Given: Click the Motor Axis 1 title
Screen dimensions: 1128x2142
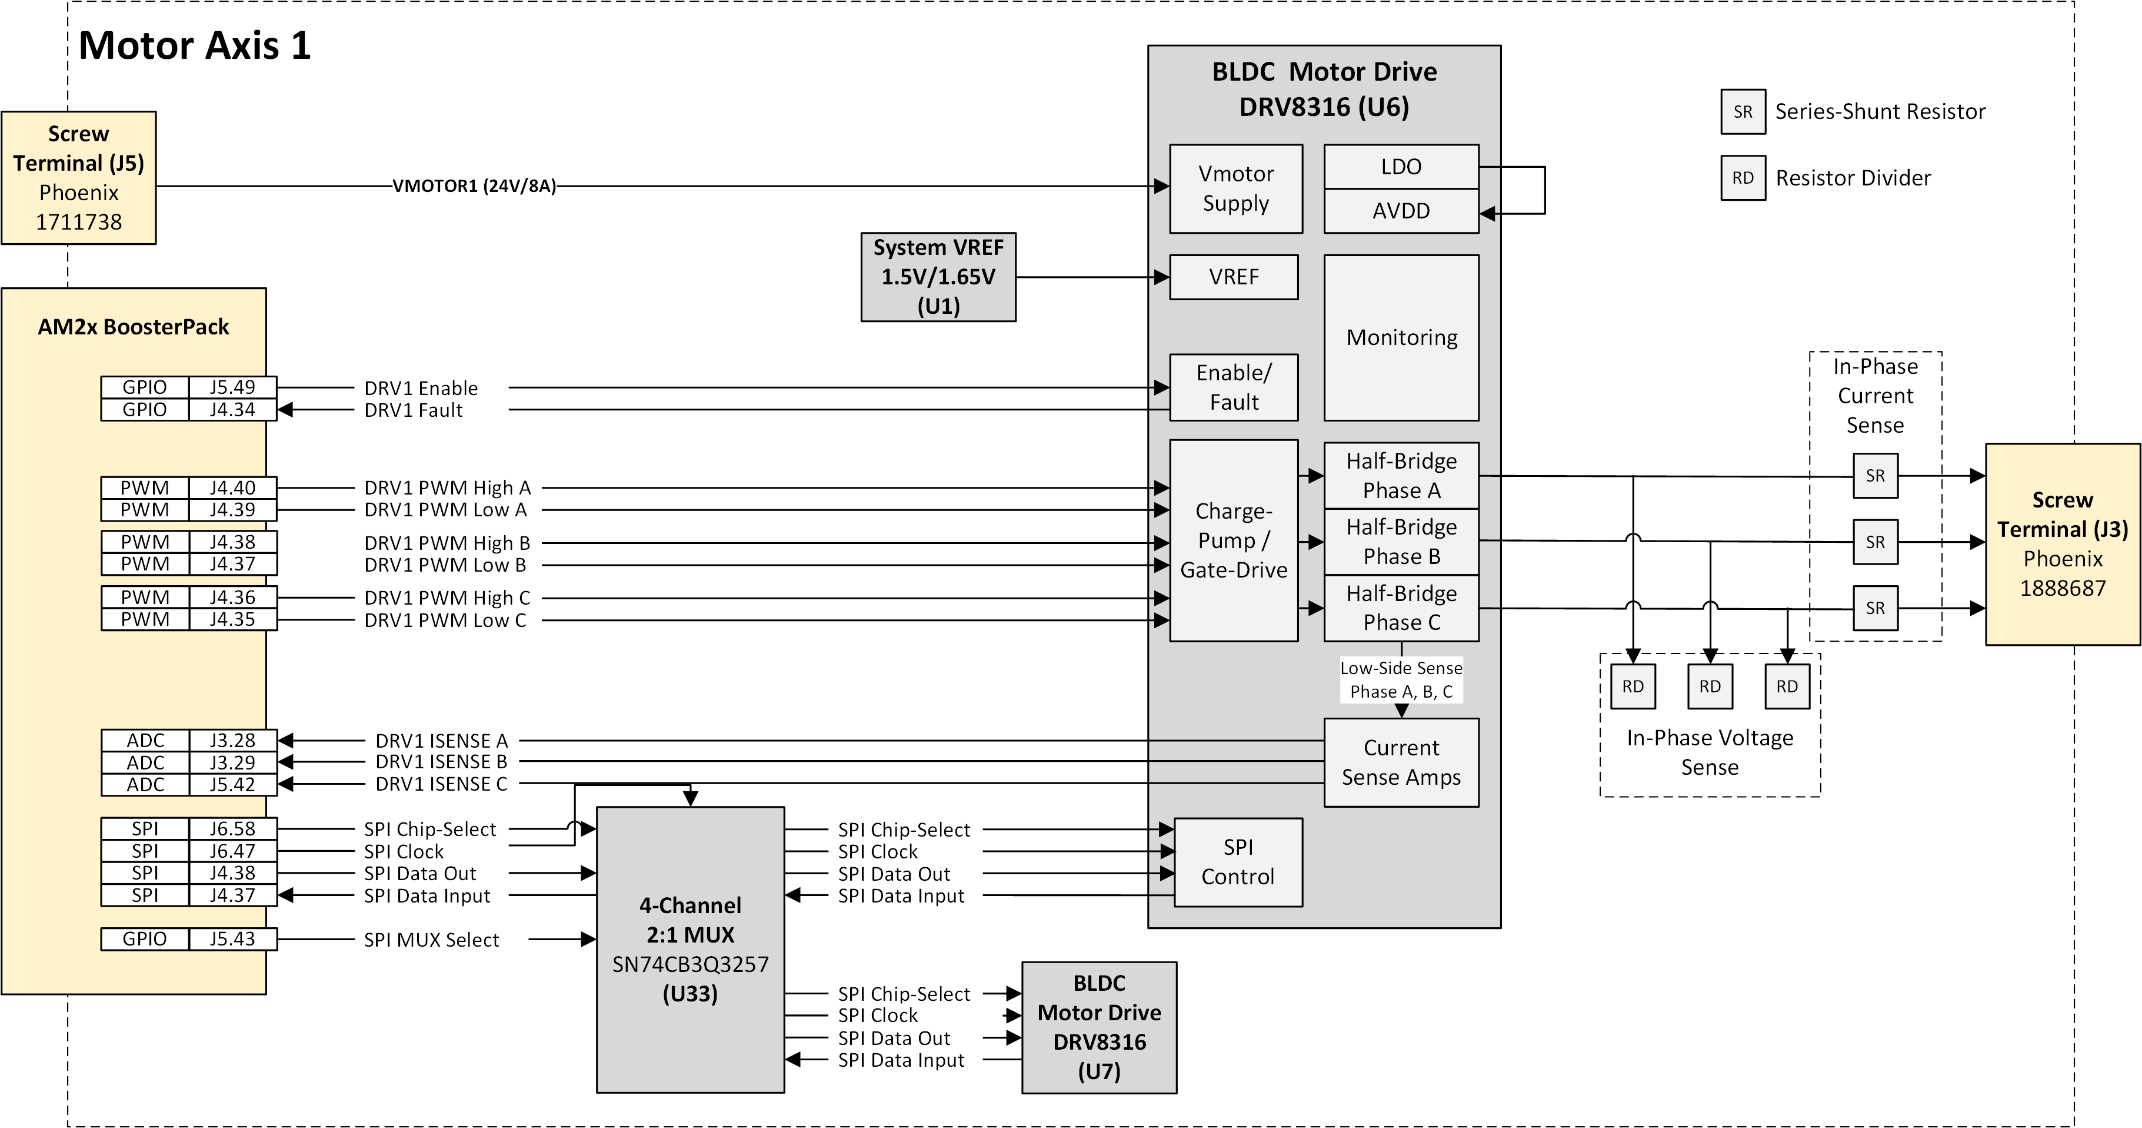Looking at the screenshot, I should click(x=195, y=45).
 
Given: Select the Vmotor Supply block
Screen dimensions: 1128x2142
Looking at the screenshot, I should click(x=1235, y=189).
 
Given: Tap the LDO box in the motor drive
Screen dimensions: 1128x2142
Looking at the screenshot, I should click(x=1401, y=167).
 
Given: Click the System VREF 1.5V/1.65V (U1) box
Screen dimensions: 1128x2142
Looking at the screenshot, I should click(x=938, y=277).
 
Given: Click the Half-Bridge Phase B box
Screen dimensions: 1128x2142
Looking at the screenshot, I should click(x=1401, y=542).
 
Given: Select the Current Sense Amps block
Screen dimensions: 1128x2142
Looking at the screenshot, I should click(x=1401, y=762).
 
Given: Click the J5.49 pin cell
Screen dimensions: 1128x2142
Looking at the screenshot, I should click(x=232, y=387).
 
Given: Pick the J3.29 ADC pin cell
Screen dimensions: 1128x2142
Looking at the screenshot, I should click(x=232, y=762).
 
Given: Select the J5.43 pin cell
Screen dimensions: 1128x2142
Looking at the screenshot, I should click(x=232, y=938).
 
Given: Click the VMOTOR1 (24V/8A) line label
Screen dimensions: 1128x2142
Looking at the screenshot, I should click(x=474, y=185).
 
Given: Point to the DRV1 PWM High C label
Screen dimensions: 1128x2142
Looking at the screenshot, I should click(x=447, y=598).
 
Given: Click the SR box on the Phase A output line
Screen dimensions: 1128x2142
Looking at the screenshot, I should click(x=1875, y=476).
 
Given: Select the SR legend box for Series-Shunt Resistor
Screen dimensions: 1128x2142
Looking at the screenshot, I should click(x=1743, y=111).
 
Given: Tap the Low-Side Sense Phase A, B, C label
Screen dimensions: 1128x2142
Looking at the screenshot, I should click(x=1401, y=679).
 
